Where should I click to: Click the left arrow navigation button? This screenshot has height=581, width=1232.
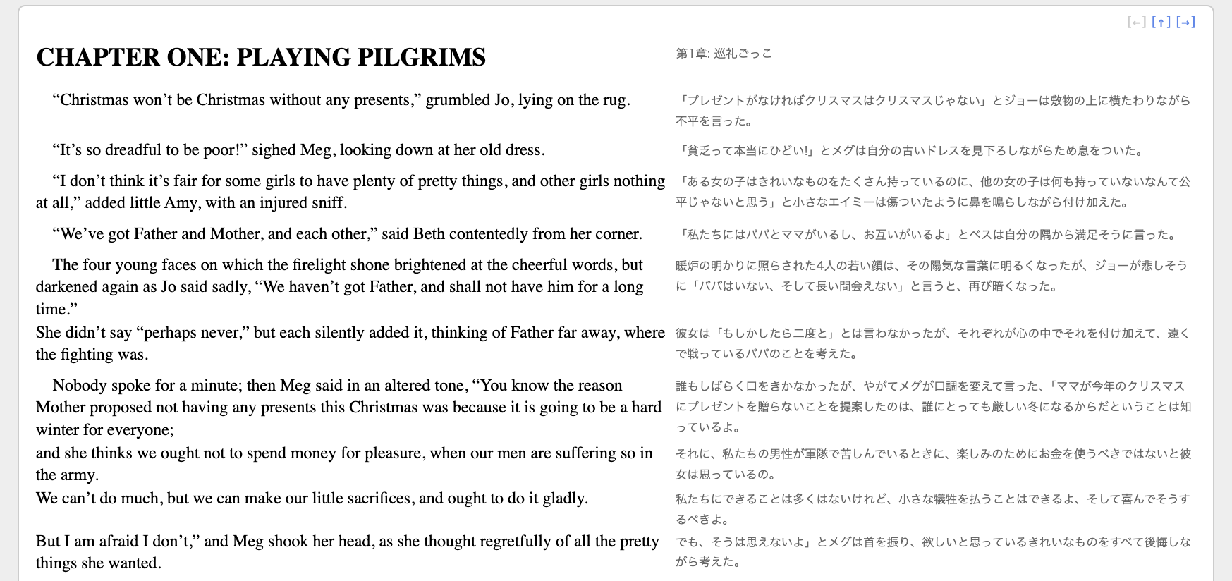[1136, 22]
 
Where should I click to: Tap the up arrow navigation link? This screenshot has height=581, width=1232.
[1161, 22]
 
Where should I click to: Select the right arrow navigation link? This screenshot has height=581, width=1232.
[1185, 22]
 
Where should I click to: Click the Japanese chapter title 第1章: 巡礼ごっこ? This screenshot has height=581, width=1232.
[724, 54]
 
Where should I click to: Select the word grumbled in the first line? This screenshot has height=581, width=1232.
[457, 100]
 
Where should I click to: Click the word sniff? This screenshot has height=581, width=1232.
[328, 203]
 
